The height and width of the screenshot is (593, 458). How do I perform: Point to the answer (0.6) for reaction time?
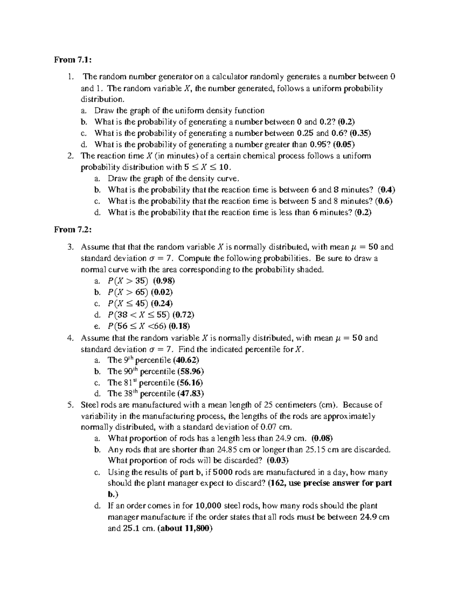coord(384,201)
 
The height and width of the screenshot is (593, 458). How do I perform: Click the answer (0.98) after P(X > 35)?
coord(164,281)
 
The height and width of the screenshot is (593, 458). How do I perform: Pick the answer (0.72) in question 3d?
coord(183,315)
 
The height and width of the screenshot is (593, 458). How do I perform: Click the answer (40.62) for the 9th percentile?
coord(186,360)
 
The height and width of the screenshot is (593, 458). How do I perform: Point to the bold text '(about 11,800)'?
coord(185,529)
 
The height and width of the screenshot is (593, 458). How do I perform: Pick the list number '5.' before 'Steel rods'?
coord(69,405)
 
